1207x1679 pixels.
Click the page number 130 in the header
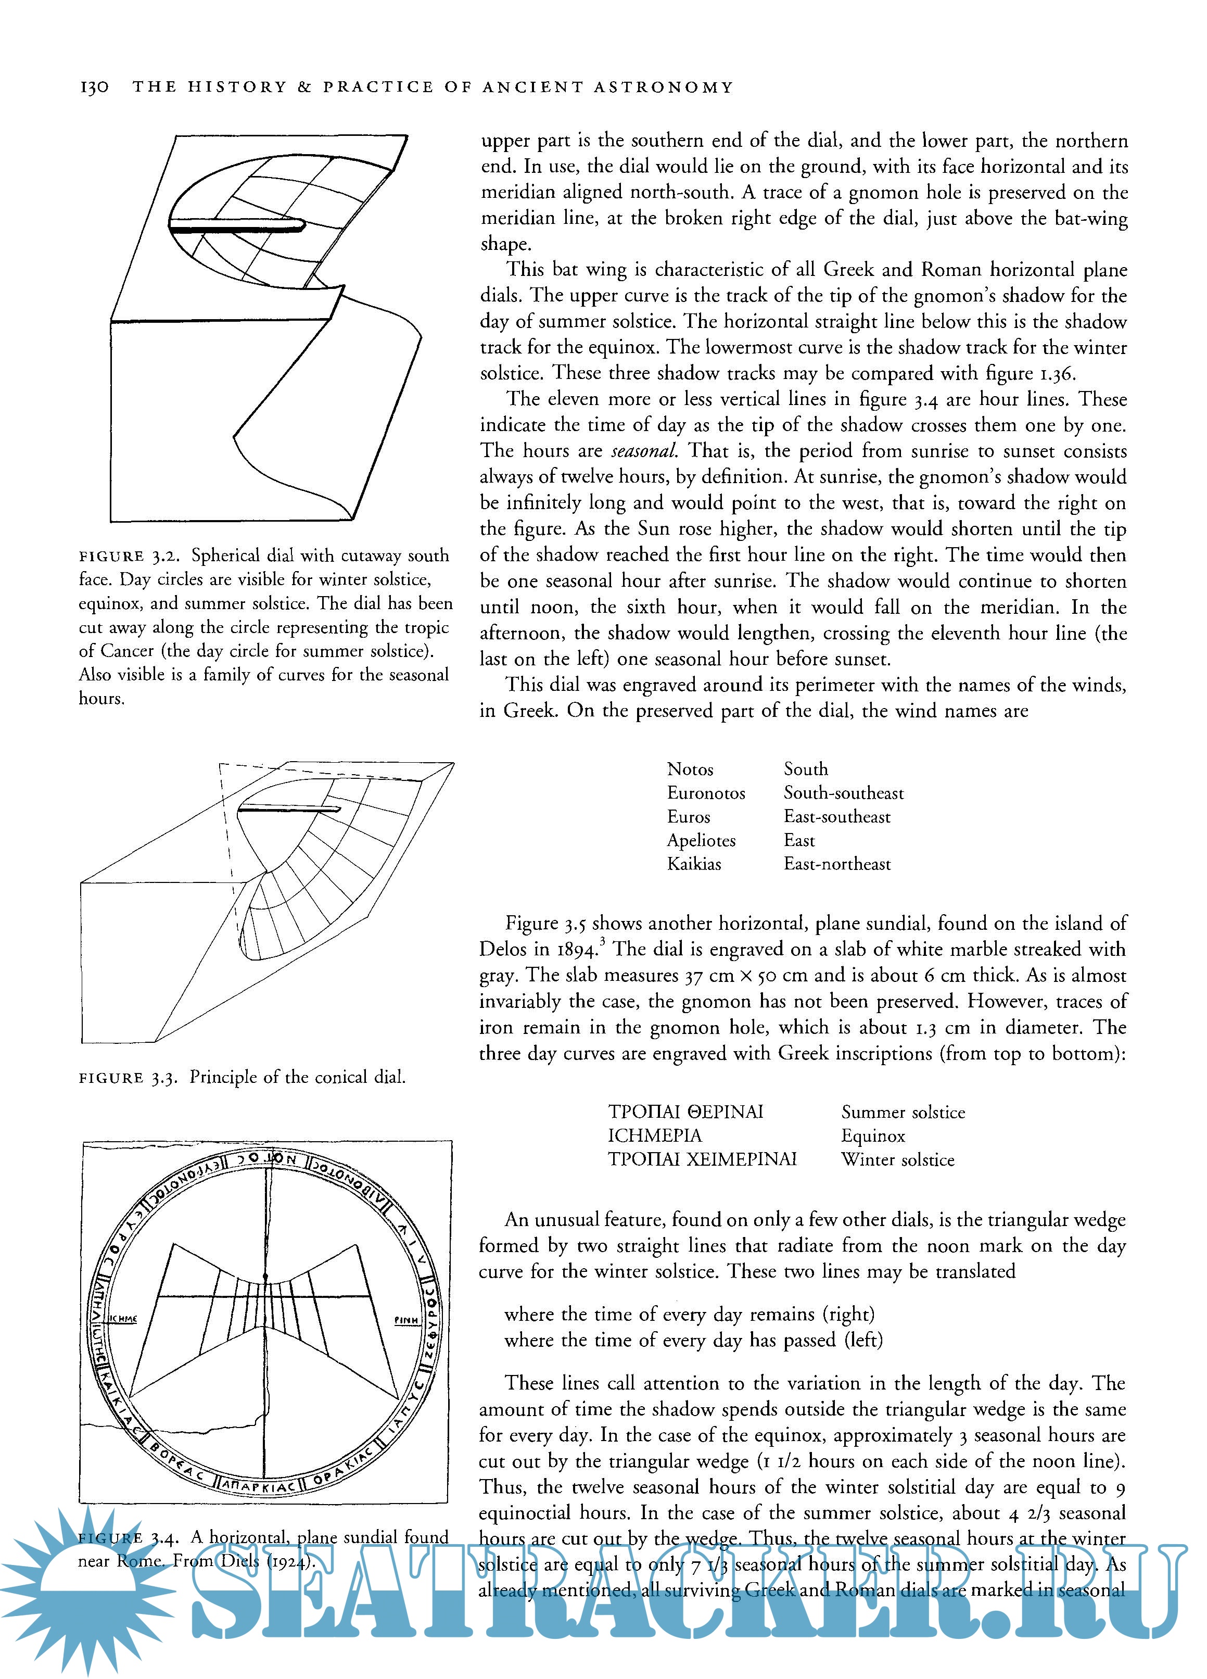pyautogui.click(x=94, y=87)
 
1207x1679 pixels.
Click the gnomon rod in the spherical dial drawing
pyautogui.click(x=237, y=225)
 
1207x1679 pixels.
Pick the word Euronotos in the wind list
pyautogui.click(x=706, y=793)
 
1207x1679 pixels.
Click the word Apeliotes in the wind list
pyautogui.click(x=701, y=840)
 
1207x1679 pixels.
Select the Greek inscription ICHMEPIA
pyautogui.click(x=654, y=1135)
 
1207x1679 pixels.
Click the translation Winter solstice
pyautogui.click(x=898, y=1160)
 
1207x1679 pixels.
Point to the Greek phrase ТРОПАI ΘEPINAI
pyautogui.click(x=685, y=1112)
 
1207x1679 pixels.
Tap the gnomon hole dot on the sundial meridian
pyautogui.click(x=265, y=1278)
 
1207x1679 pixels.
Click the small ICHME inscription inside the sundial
pyautogui.click(x=123, y=1319)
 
